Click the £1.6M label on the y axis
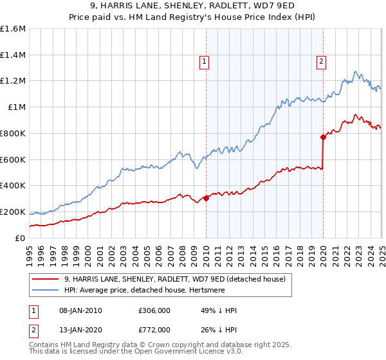click(x=13, y=29)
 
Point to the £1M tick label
click(x=17, y=107)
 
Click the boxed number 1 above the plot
click(x=204, y=62)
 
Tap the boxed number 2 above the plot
click(x=321, y=62)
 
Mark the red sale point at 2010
click(x=206, y=198)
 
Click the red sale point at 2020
click(x=323, y=137)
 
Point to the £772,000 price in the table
click(x=154, y=329)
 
